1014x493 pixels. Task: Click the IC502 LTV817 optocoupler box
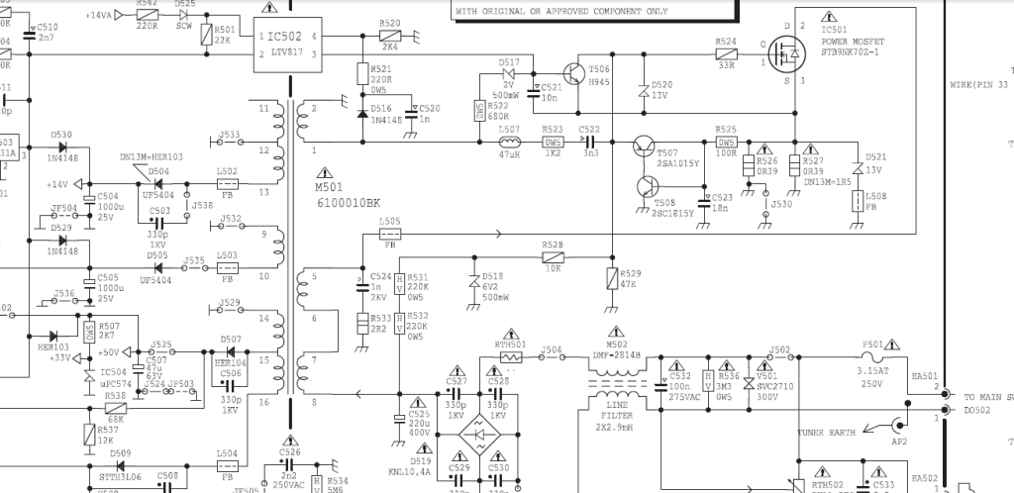click(x=286, y=44)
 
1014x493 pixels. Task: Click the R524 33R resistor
click(x=726, y=53)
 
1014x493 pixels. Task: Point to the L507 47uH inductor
click(x=509, y=142)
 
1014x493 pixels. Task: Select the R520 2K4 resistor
click(x=389, y=35)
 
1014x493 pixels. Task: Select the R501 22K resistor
click(x=205, y=36)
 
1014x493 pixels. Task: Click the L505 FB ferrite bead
click(x=389, y=235)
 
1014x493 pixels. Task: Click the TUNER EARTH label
click(x=826, y=432)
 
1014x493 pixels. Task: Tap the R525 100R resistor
click(x=726, y=142)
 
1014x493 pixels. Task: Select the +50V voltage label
click(x=106, y=352)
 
